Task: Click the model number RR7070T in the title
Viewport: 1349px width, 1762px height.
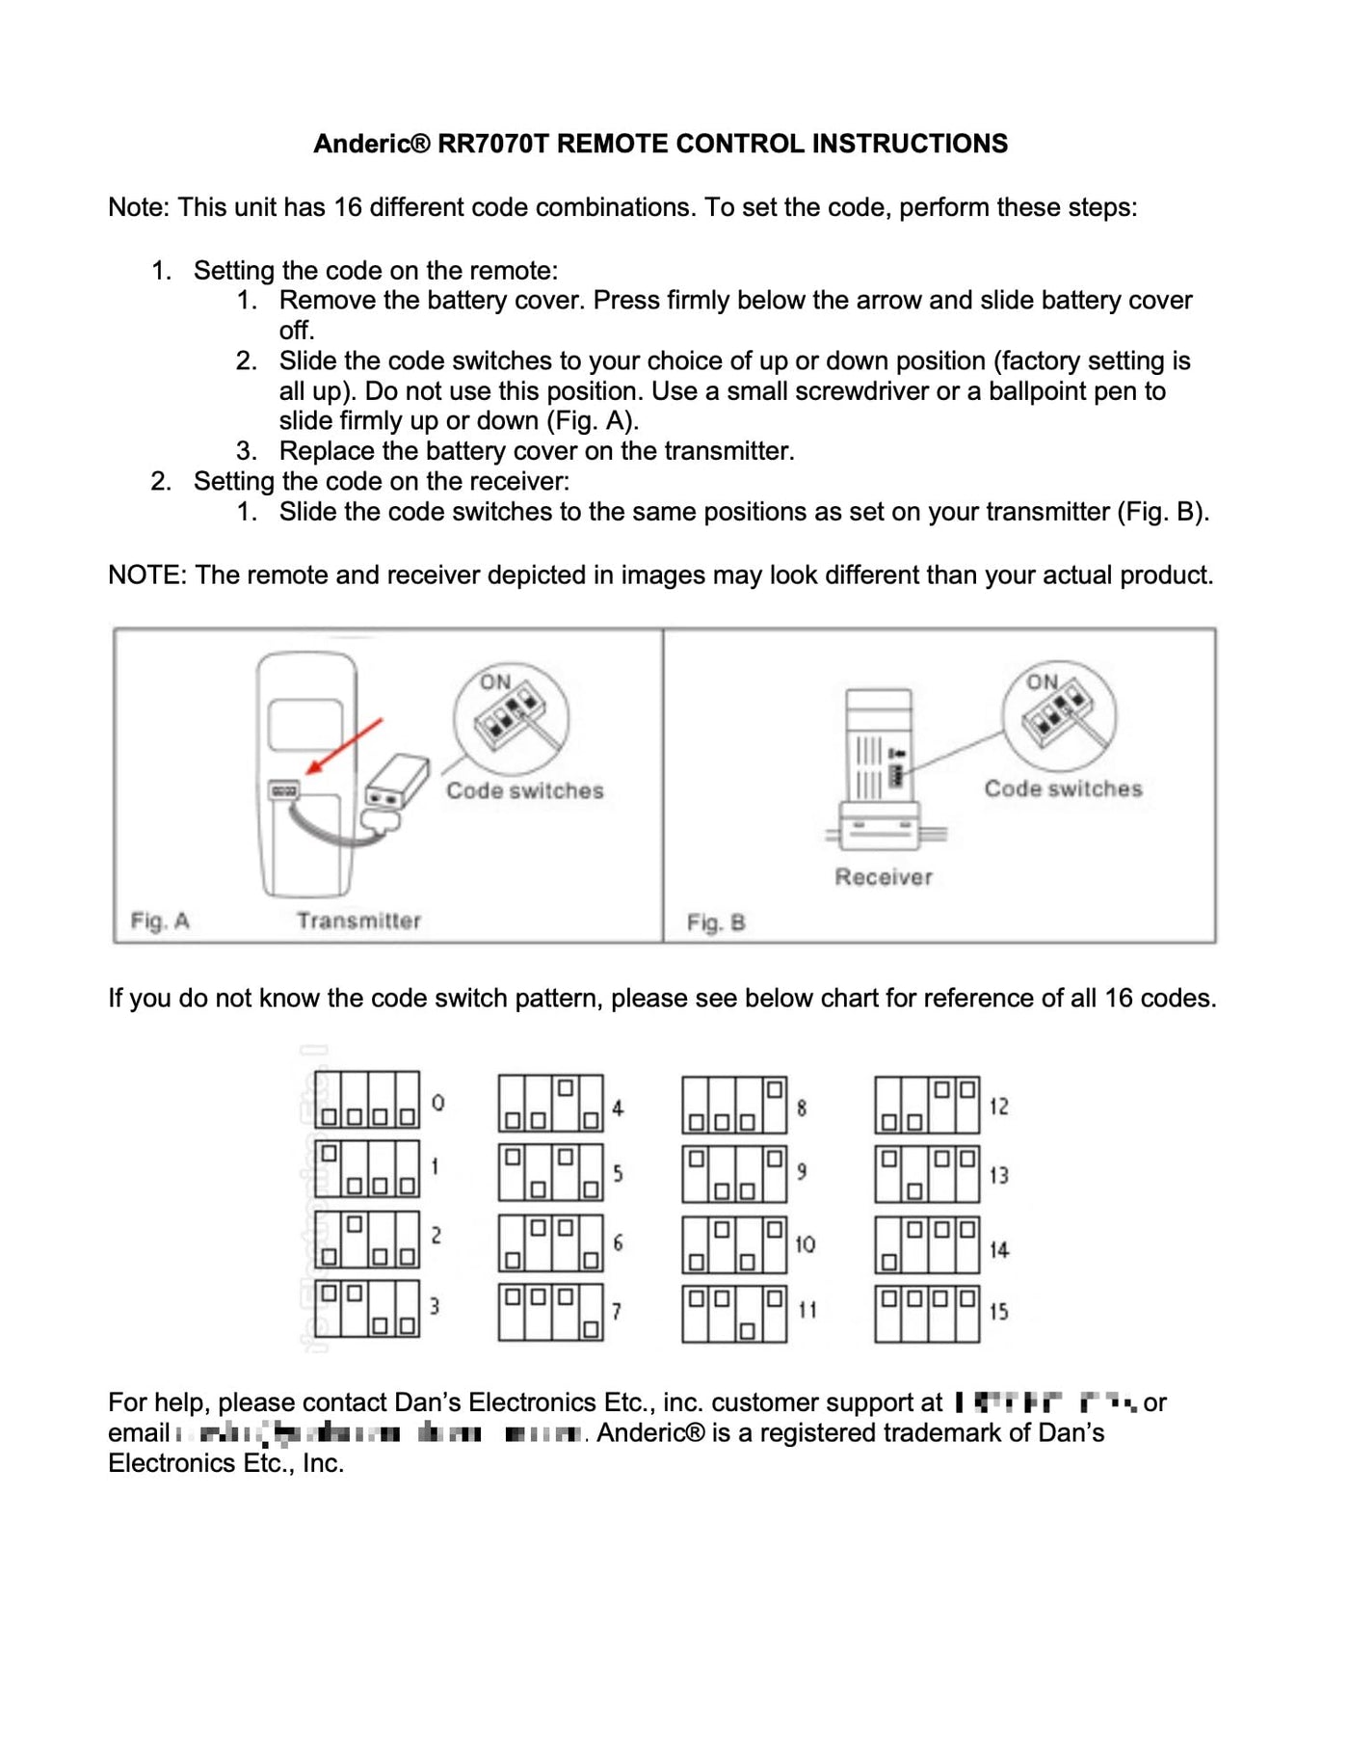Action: pyautogui.click(x=492, y=144)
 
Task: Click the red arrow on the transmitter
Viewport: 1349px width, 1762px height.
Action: pyautogui.click(x=344, y=746)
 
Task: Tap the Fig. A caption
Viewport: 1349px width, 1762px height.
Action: pyautogui.click(x=160, y=921)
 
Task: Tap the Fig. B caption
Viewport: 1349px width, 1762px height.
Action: pyautogui.click(x=716, y=922)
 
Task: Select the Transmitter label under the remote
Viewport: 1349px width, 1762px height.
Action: pyautogui.click(x=358, y=921)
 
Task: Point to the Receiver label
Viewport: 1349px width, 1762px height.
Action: pyautogui.click(x=884, y=877)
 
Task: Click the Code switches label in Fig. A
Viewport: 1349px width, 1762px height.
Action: pyautogui.click(x=524, y=790)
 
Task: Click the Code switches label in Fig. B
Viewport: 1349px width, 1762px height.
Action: pyautogui.click(x=1063, y=788)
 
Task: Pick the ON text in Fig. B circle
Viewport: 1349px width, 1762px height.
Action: pyautogui.click(x=1042, y=681)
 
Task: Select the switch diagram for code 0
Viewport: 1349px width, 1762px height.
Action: pyautogui.click(x=367, y=1100)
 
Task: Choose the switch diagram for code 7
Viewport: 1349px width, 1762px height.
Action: pyautogui.click(x=551, y=1312)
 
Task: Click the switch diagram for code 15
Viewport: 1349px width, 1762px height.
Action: pyautogui.click(x=927, y=1313)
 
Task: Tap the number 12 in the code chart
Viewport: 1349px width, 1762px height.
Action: pyautogui.click(x=998, y=1107)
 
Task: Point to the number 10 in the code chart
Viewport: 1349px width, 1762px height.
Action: pyautogui.click(x=805, y=1244)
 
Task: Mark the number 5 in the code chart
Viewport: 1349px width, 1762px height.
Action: pyautogui.click(x=618, y=1173)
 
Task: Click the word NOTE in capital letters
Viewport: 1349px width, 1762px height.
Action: pyautogui.click(x=145, y=575)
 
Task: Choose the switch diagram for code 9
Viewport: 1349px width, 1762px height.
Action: pyautogui.click(x=734, y=1173)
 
